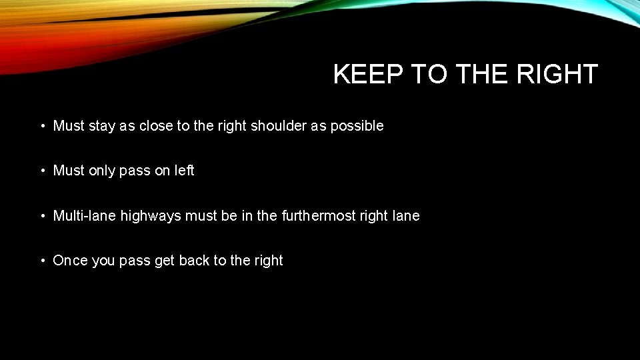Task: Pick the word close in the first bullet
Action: tap(155, 125)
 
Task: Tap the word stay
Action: tap(101, 126)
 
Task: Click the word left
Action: tap(184, 171)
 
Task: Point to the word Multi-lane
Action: tap(85, 216)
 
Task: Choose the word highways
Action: tap(151, 216)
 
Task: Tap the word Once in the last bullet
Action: tap(70, 261)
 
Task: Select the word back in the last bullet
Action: tap(194, 261)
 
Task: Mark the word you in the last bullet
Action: tap(103, 261)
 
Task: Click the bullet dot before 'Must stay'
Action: tap(41, 126)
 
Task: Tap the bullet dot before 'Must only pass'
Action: tap(41, 171)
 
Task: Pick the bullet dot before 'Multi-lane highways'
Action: tap(41, 216)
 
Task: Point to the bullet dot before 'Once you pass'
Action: tap(41, 261)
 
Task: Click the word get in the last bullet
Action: tap(164, 261)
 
